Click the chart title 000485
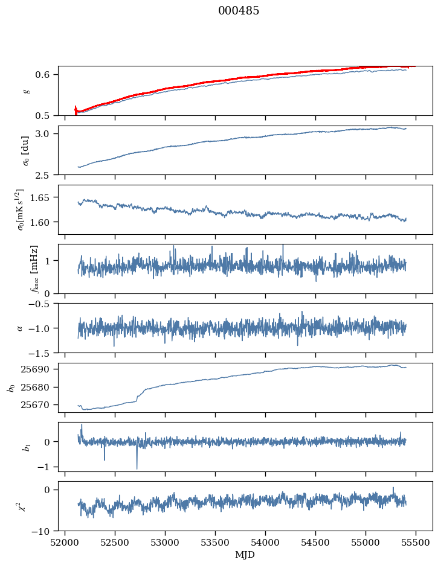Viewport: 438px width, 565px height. (x=239, y=11)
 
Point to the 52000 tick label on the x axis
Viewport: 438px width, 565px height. (x=66, y=543)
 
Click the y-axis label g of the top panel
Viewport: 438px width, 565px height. (x=26, y=91)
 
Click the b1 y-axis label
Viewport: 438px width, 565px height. (x=26, y=447)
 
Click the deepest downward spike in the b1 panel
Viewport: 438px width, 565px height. (x=137, y=468)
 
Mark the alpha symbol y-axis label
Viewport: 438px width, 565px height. (x=19, y=328)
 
